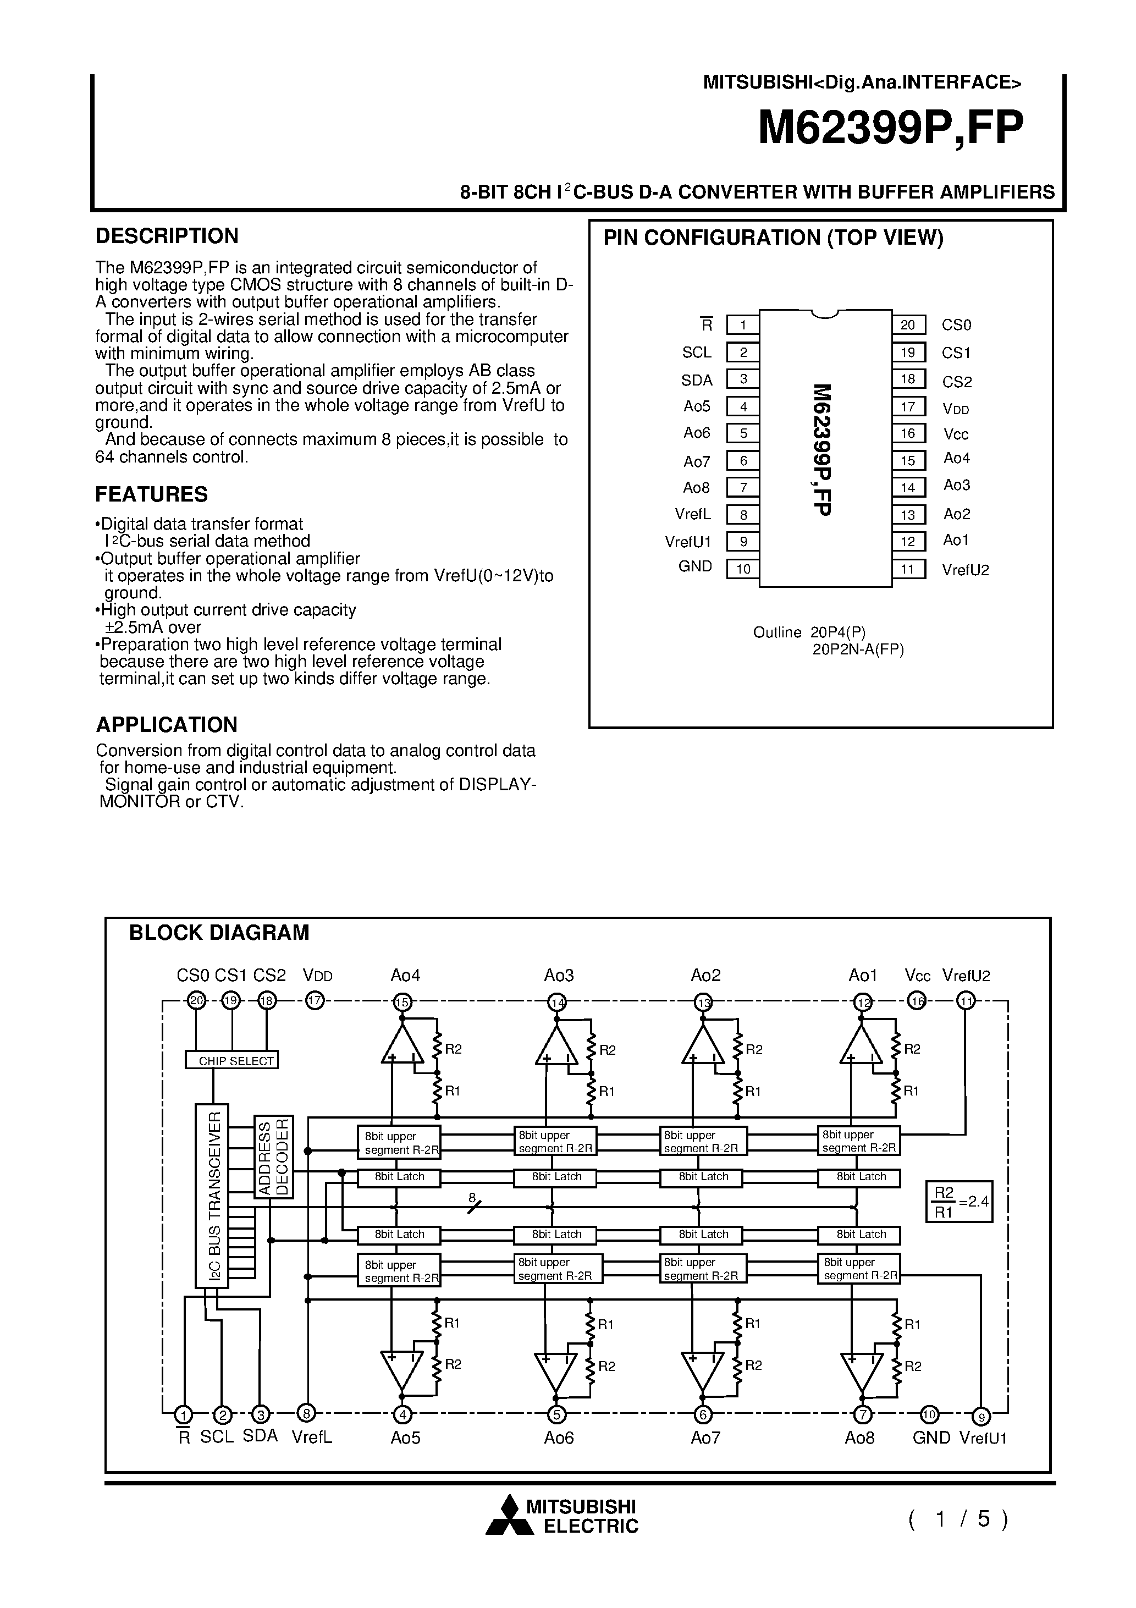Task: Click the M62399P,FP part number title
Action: [x=890, y=128]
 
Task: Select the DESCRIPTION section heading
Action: [x=167, y=236]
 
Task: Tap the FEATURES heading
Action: [x=151, y=494]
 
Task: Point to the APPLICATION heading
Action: [x=167, y=724]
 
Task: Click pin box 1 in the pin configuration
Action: [x=743, y=325]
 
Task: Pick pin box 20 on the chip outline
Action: [x=908, y=325]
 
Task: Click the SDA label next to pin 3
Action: [x=696, y=381]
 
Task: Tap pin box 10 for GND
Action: [x=743, y=569]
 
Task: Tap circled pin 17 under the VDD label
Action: [x=315, y=1001]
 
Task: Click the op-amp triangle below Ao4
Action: [x=402, y=1049]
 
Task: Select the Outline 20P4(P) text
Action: [x=809, y=632]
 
